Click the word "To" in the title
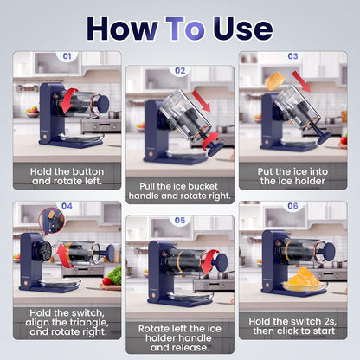[x=185, y=29]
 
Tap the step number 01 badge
[x=67, y=56]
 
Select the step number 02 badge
[x=180, y=70]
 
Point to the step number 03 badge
[x=292, y=56]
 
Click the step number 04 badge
[x=67, y=206]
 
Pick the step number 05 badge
[x=180, y=221]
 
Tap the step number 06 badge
[x=292, y=206]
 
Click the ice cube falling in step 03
[x=274, y=81]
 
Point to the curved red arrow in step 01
[x=68, y=101]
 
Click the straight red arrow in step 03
[x=301, y=81]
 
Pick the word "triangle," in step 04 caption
[x=87, y=322]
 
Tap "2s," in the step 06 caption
[x=329, y=321]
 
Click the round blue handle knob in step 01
[x=103, y=104]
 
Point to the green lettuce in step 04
[x=114, y=275]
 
